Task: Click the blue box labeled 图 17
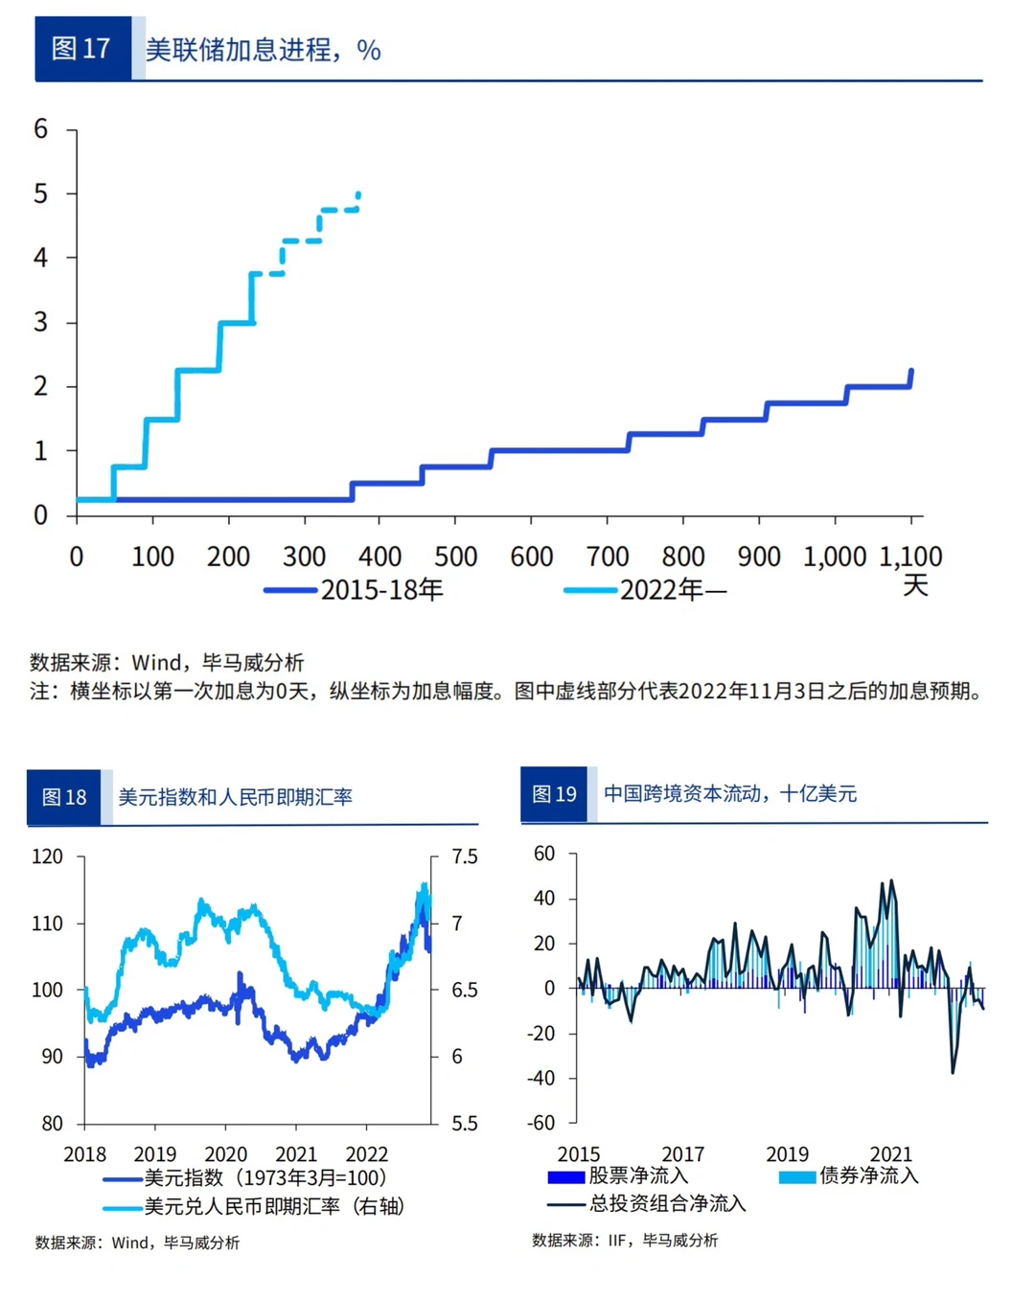click(81, 49)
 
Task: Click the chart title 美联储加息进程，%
click(263, 50)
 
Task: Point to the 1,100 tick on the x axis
click(910, 557)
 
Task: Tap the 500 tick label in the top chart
click(455, 557)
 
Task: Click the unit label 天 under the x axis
click(915, 585)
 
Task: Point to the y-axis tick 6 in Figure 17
click(40, 129)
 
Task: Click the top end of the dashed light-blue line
click(358, 194)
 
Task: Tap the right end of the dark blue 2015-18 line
click(911, 371)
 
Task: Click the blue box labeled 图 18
click(63, 797)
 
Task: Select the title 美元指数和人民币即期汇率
click(235, 797)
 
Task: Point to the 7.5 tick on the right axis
click(465, 856)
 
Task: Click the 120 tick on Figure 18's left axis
click(48, 856)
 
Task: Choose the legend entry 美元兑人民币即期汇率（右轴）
click(274, 1206)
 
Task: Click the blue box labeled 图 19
click(554, 794)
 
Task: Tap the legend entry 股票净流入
click(638, 1175)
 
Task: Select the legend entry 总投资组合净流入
click(667, 1204)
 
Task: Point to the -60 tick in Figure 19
click(541, 1123)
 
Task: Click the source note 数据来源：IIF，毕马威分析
click(625, 1241)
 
